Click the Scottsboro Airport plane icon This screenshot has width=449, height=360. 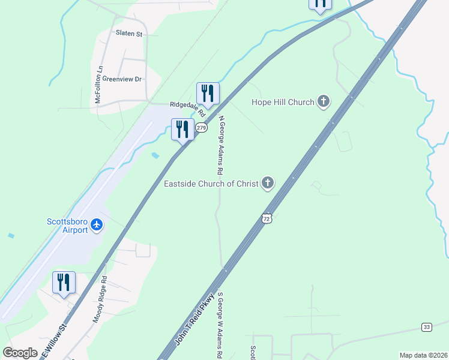tap(97, 226)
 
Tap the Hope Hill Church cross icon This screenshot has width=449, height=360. tap(324, 101)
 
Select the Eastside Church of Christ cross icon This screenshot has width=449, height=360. tap(267, 183)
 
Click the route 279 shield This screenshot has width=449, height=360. tap(202, 128)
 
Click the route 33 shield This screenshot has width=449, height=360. tap(426, 327)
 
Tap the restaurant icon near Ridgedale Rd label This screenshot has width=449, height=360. tap(208, 93)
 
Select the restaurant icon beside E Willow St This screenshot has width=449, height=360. tap(64, 283)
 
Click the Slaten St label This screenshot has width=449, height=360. tap(129, 34)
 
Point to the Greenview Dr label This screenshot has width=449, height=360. tap(121, 79)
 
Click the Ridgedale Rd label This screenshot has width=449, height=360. tap(187, 108)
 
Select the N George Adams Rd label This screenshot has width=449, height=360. tap(221, 145)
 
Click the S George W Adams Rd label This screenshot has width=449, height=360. tap(220, 325)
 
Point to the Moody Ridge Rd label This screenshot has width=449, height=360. tap(100, 299)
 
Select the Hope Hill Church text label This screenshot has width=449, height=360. tap(284, 102)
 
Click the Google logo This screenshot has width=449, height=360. tap(20, 353)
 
